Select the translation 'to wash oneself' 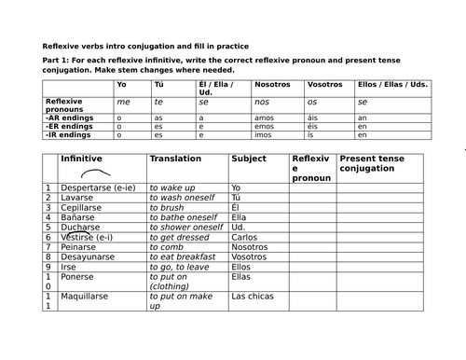[x=182, y=201]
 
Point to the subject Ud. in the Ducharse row [x=238, y=227]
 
